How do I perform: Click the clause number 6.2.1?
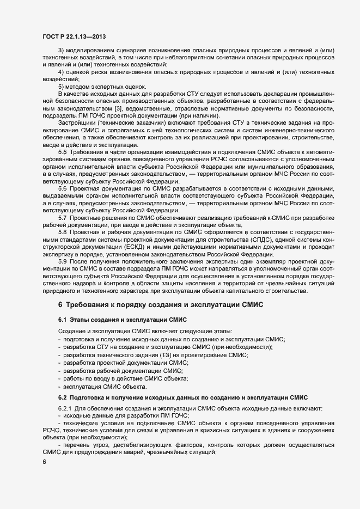(x=66, y=408)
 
